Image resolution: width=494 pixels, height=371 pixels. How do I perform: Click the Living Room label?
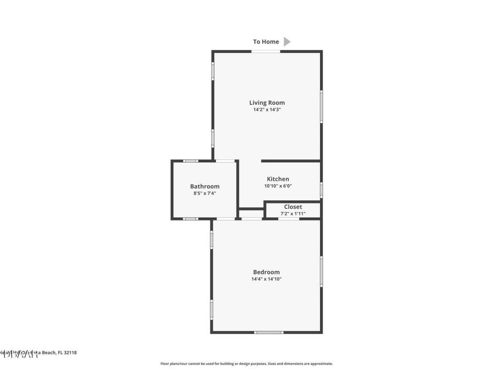point(267,103)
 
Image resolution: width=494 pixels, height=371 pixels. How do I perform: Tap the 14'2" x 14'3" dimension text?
point(267,110)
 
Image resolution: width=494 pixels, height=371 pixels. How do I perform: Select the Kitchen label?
point(278,179)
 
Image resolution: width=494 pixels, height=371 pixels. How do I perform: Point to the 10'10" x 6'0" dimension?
point(278,186)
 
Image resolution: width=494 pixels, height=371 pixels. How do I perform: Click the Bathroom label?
point(205,186)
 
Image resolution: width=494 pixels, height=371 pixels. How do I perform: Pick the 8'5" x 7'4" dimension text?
point(205,193)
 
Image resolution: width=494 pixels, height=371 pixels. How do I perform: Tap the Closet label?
point(293,207)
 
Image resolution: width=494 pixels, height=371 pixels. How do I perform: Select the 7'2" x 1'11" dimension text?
point(293,214)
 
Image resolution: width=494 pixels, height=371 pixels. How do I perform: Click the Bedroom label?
point(266,272)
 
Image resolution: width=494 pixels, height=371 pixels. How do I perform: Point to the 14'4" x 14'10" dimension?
point(266,279)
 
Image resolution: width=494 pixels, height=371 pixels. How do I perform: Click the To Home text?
point(266,42)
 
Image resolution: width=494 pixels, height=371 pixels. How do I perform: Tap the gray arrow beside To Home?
point(287,42)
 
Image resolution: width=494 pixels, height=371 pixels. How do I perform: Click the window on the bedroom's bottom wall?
point(269,332)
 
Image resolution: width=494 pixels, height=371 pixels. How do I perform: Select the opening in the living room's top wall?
point(266,52)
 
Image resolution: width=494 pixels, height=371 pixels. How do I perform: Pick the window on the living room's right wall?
point(321,106)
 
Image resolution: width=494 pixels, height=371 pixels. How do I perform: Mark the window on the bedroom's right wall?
point(321,271)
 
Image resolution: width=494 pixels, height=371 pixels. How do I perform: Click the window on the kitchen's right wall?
point(321,190)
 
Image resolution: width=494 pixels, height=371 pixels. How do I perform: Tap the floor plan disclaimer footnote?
point(246,363)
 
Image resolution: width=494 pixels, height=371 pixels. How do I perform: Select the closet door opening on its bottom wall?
point(289,219)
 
